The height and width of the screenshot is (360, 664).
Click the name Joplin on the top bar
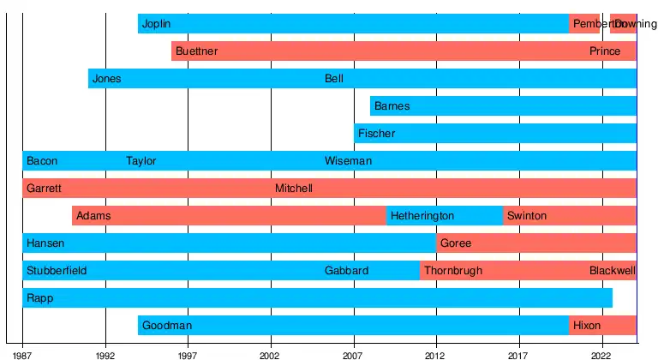156,24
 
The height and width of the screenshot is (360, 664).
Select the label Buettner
196,51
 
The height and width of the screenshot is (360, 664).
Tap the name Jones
106,79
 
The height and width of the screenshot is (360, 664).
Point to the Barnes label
392,106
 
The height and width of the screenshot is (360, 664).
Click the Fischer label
376,134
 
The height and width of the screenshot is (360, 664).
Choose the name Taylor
141,161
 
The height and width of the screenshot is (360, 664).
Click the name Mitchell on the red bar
294,189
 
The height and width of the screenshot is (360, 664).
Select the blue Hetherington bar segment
444,216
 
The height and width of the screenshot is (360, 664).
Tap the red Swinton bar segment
569,216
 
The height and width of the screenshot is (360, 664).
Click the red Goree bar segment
535,243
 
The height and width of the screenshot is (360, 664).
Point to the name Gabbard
346,271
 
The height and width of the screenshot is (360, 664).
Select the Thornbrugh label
453,271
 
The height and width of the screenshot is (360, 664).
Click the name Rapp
39,298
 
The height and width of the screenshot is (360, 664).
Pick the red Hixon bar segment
602,326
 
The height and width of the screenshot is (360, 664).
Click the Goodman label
166,326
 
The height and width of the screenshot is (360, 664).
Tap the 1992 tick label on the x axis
105,354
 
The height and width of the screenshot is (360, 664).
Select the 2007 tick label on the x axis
353,354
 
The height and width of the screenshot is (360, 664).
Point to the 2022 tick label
601,354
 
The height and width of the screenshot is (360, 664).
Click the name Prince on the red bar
604,51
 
